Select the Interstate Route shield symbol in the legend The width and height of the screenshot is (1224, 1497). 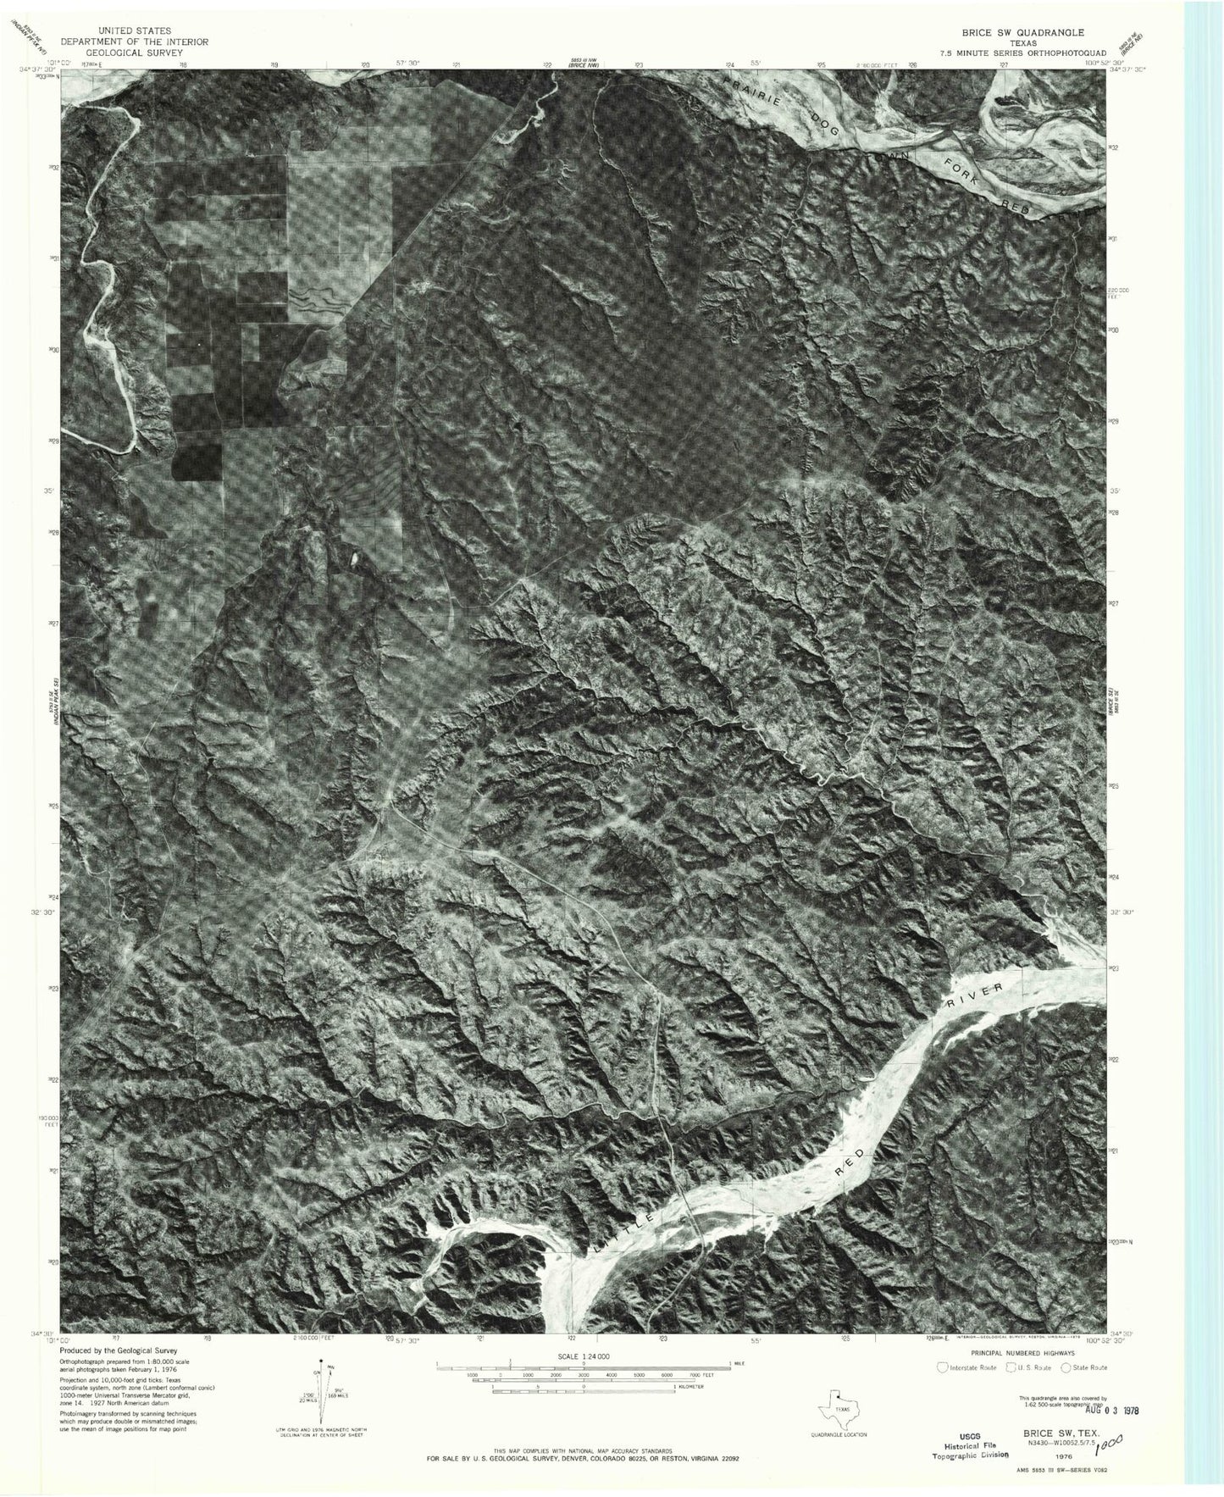point(943,1367)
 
